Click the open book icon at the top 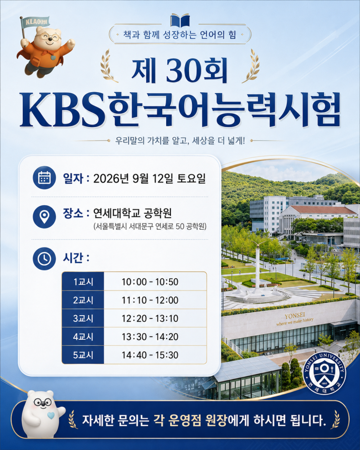[180, 20]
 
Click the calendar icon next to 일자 [45, 177]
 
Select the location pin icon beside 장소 [45, 216]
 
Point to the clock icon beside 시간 [45, 258]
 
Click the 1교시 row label [83, 282]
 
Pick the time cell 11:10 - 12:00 [150, 300]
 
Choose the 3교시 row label [83, 318]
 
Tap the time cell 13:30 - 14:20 [150, 337]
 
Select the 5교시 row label [83, 355]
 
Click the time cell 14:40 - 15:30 [150, 355]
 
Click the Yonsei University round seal [325, 373]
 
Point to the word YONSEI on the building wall [295, 316]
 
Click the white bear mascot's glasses [43, 402]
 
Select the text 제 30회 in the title [180, 70]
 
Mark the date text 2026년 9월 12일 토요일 [150, 178]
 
